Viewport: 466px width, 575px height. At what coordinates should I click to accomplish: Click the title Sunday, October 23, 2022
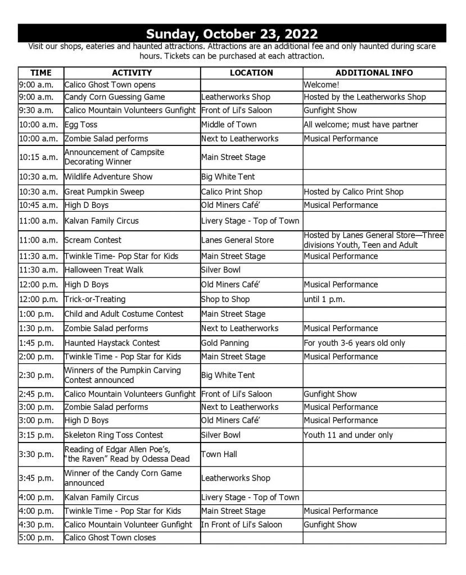click(x=232, y=33)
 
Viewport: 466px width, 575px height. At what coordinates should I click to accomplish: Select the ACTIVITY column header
click(x=132, y=72)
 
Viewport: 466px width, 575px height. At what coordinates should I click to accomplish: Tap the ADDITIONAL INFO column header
click(x=374, y=72)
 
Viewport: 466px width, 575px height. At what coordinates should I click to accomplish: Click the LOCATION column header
click(x=251, y=72)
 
